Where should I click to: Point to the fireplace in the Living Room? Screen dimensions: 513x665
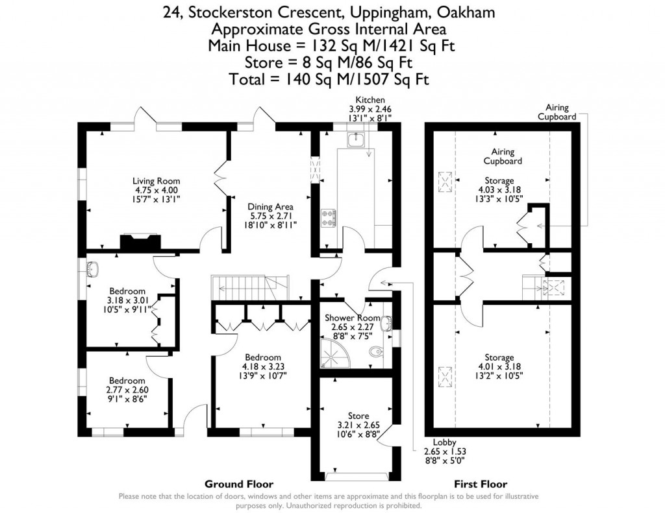click(138, 241)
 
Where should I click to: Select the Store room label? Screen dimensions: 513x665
click(358, 416)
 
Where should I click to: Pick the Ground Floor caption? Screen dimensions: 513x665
click(239, 484)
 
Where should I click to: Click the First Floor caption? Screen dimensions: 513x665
click(481, 484)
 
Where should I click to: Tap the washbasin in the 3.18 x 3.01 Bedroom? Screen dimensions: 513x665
click(92, 268)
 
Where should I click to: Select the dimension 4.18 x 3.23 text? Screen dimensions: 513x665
click(262, 366)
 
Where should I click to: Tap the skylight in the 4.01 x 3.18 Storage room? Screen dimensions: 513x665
click(446, 376)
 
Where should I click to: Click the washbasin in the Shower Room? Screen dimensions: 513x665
click(386, 322)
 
